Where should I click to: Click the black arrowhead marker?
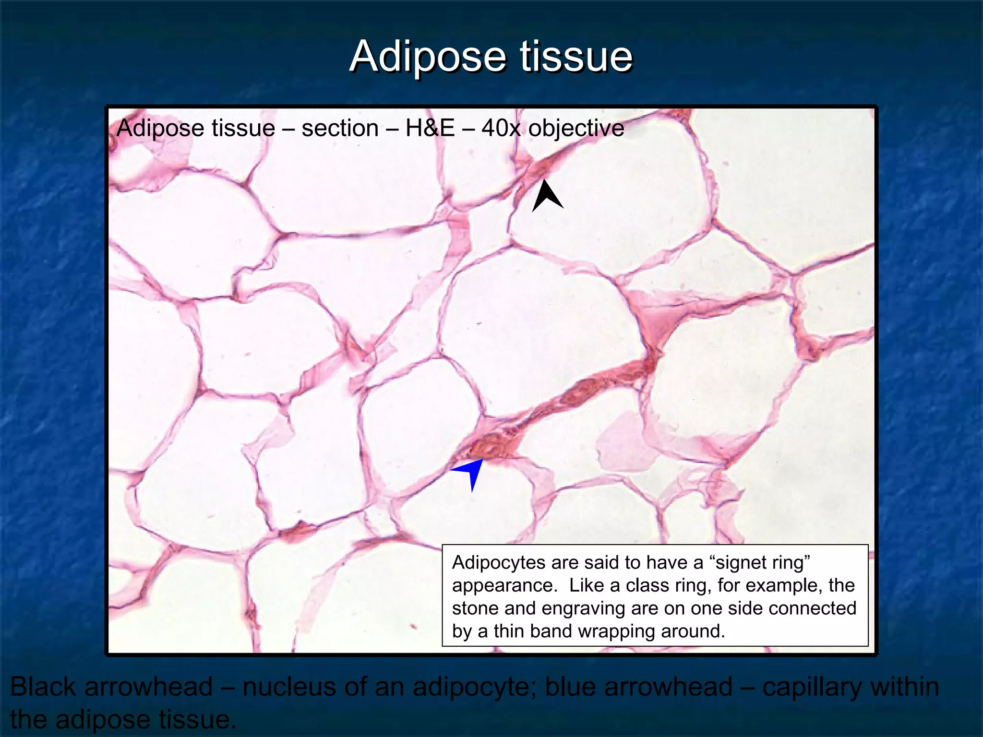coord(547,197)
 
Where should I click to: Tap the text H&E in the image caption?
coord(430,129)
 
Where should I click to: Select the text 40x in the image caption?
coord(501,129)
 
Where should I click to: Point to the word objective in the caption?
coord(576,129)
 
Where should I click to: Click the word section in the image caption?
coord(340,129)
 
